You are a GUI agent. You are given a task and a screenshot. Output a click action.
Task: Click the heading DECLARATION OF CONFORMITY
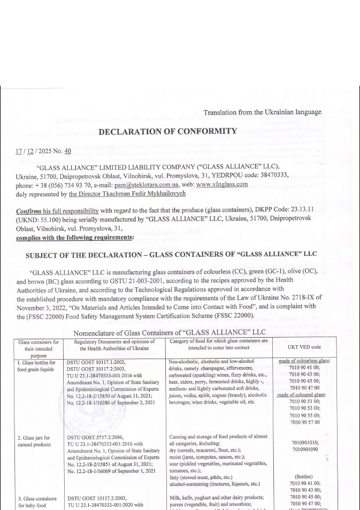[167, 131]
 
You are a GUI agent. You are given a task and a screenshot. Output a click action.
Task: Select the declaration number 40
[67, 151]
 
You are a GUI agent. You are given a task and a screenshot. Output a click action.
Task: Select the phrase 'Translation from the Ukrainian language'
[262, 112]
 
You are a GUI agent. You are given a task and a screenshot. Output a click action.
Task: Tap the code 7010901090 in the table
[307, 450]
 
